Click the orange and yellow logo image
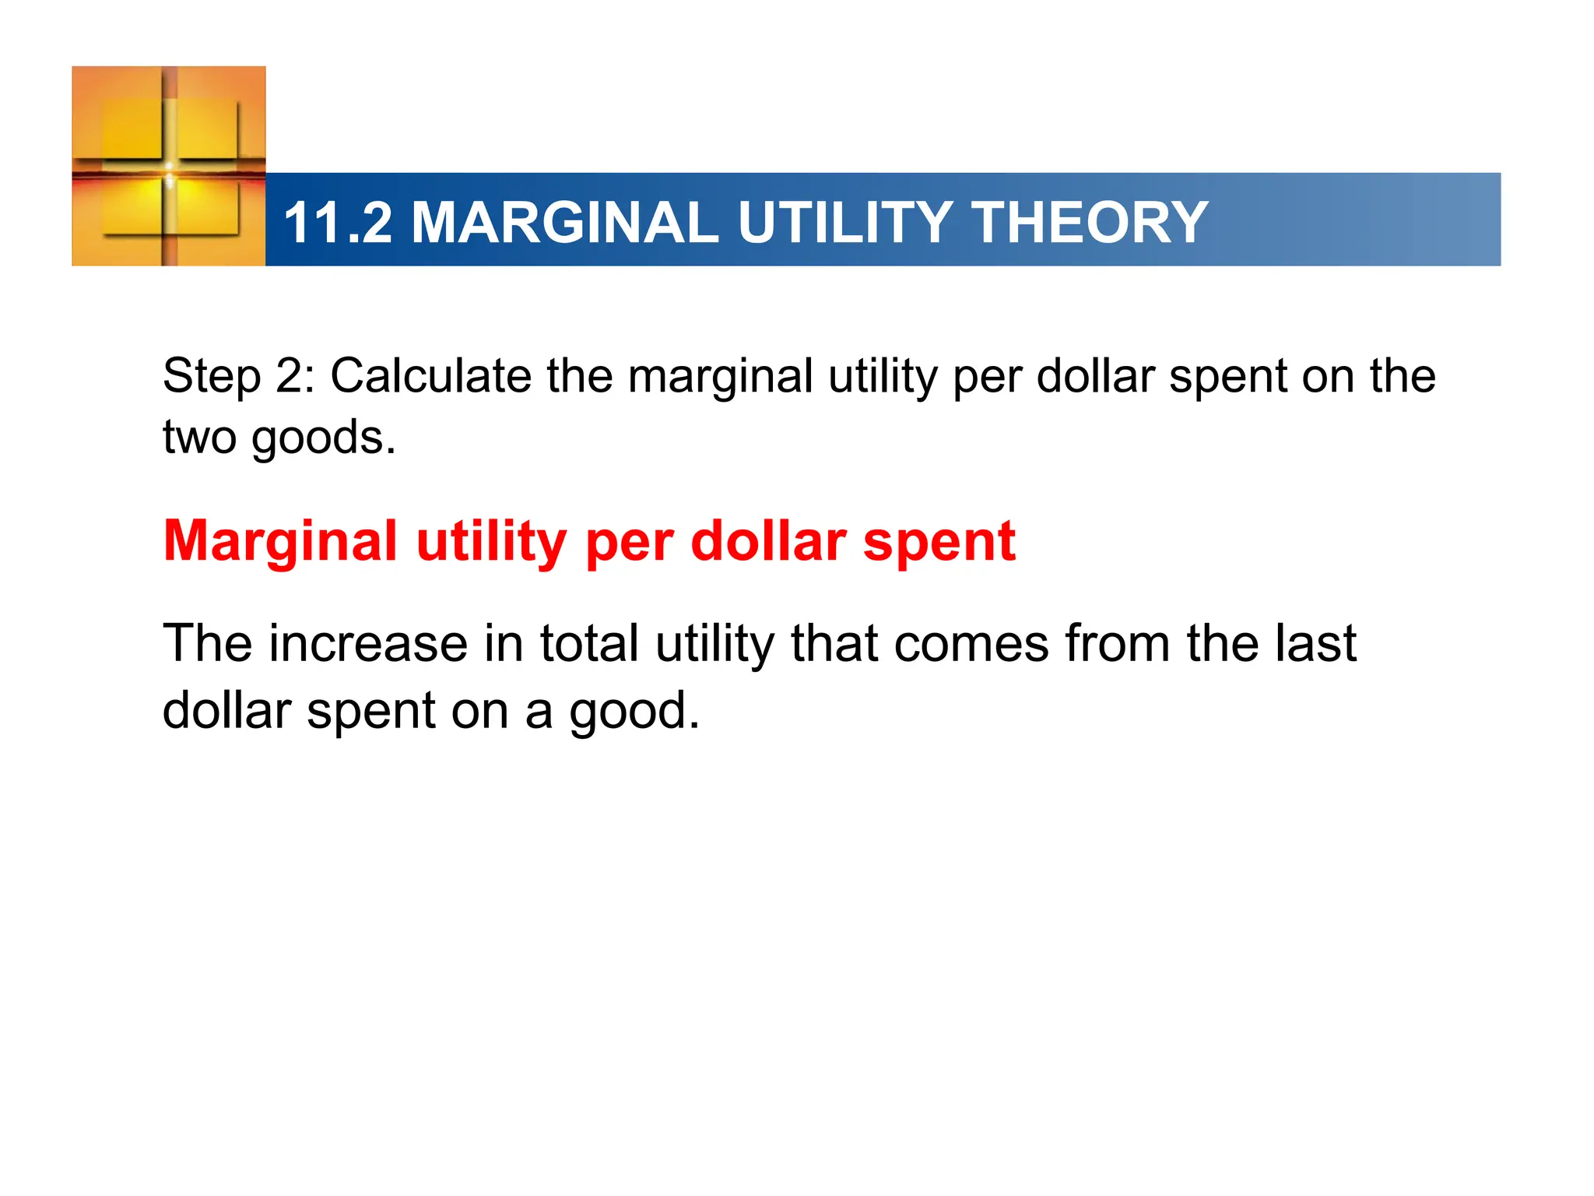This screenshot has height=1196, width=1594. click(169, 166)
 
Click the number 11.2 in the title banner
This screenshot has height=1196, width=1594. click(338, 223)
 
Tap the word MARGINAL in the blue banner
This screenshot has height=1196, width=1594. click(564, 223)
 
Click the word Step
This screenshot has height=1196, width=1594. click(211, 378)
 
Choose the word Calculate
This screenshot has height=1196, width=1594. click(430, 376)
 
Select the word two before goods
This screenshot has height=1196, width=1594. click(199, 438)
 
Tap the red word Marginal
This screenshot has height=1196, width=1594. click(280, 543)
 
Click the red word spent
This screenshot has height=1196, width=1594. click(939, 543)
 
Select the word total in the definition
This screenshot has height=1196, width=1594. click(590, 644)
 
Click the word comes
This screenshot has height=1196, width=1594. click(971, 645)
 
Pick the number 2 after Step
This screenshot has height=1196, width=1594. click(290, 377)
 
